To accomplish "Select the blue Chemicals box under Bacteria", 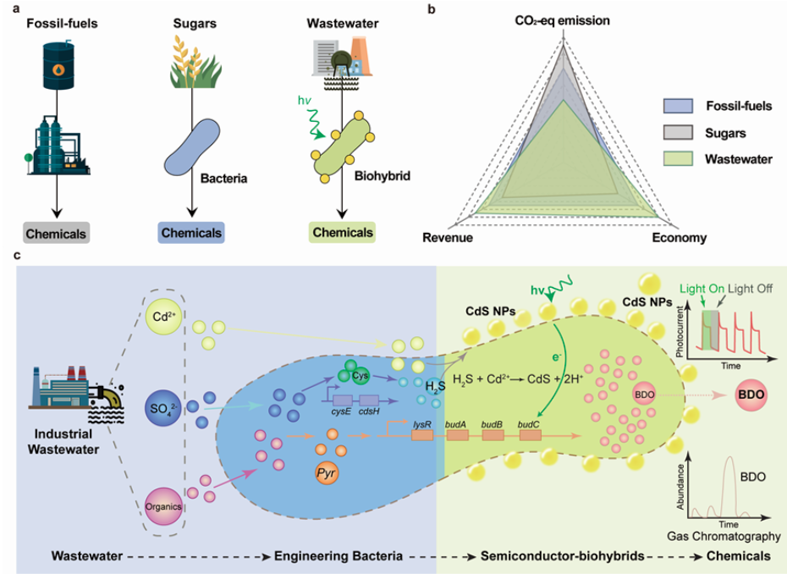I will [x=191, y=230].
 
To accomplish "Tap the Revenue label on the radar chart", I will [x=447, y=239].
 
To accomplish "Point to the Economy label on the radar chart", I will [x=679, y=239].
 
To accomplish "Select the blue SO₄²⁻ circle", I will [x=164, y=409].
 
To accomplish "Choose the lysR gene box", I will [x=421, y=434].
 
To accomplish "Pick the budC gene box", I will [x=530, y=434].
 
